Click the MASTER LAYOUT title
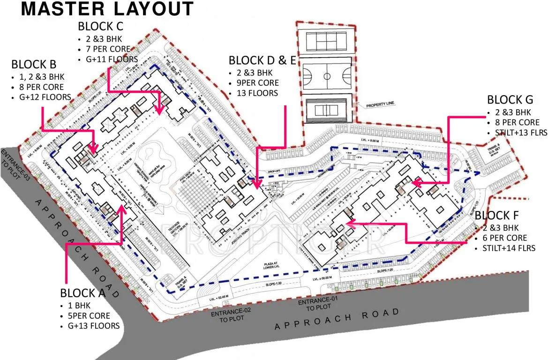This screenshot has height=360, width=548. (107, 9)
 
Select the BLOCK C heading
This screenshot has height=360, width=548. (101, 26)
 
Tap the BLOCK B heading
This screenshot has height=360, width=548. (34, 64)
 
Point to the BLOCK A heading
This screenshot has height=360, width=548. (83, 293)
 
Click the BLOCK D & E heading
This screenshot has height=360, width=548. (262, 60)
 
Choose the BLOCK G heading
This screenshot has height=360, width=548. (510, 100)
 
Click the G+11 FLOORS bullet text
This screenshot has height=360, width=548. (112, 60)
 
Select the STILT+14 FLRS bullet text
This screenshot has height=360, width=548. (512, 248)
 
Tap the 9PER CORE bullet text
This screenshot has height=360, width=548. (259, 83)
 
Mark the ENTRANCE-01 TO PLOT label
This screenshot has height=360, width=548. (319, 304)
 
